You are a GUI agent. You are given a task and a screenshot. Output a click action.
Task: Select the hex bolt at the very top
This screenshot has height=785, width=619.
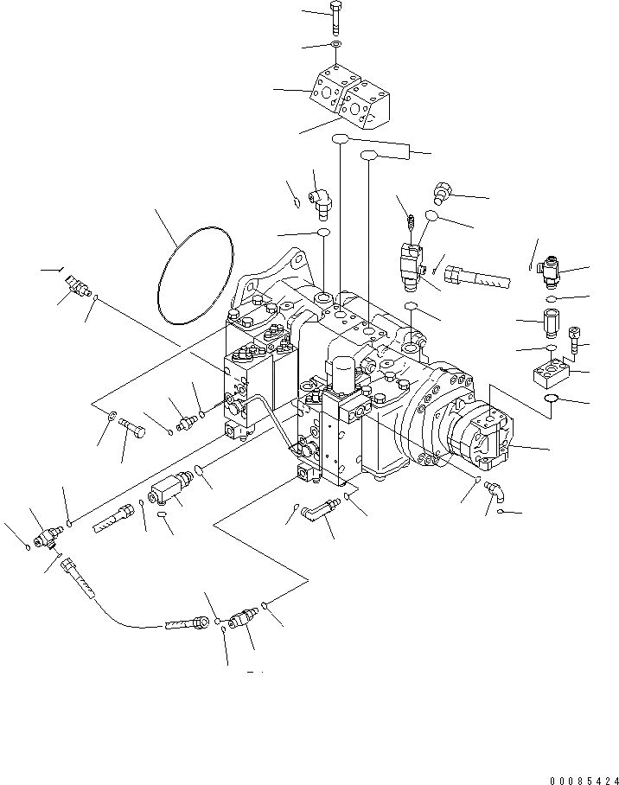tap(335, 19)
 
